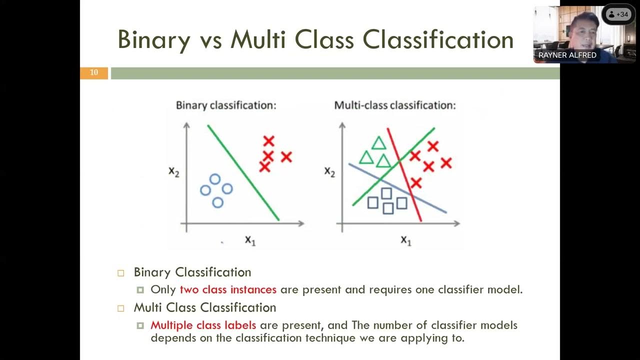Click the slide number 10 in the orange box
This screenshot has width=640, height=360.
(x=94, y=73)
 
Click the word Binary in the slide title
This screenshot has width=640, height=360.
(x=153, y=39)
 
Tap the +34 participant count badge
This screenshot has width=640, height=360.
(x=618, y=14)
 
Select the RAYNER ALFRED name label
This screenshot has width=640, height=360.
(x=567, y=55)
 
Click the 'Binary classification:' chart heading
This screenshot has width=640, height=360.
(x=226, y=105)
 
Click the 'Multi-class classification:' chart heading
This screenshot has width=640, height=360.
(x=395, y=105)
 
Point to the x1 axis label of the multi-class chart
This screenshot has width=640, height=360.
(x=405, y=240)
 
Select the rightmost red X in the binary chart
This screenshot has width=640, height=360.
(x=286, y=157)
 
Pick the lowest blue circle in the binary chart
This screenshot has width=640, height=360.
(x=217, y=202)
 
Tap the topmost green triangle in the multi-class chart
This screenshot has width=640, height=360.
(x=378, y=143)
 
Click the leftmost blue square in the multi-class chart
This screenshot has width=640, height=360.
(x=372, y=202)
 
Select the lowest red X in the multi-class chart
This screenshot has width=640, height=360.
(x=416, y=183)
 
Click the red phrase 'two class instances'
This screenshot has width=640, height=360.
(x=228, y=289)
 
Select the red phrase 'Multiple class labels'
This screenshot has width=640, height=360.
(x=203, y=325)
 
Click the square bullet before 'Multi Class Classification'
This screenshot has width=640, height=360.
(x=120, y=308)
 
